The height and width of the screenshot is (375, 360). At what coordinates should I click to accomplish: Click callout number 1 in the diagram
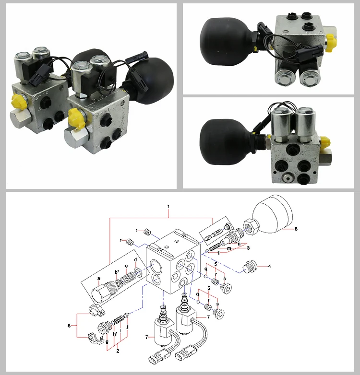click(168, 206)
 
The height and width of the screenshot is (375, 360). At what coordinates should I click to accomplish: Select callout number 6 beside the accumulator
click(296, 229)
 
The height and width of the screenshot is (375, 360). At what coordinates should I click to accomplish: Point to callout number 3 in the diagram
click(248, 248)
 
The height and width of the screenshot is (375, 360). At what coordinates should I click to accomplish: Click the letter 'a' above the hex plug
click(98, 279)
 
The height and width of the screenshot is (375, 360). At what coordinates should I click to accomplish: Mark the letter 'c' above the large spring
click(126, 266)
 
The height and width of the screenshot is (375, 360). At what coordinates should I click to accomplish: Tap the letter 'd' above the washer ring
click(136, 260)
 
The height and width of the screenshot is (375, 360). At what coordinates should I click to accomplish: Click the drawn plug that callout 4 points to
click(250, 267)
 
